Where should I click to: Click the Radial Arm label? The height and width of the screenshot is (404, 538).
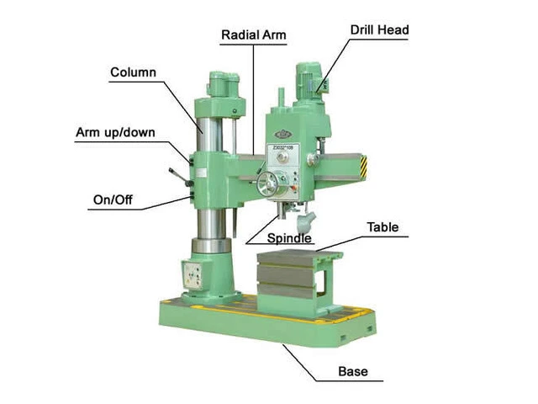(254, 35)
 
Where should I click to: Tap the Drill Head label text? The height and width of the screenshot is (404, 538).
(379, 30)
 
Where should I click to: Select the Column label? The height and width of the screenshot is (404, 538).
(133, 72)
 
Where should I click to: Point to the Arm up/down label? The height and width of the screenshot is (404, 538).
(115, 133)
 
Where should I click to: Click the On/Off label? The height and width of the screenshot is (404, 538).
(113, 199)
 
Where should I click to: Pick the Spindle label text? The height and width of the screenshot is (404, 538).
(289, 238)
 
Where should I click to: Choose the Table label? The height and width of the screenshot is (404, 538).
(382, 227)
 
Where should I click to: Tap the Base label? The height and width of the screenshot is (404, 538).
(353, 371)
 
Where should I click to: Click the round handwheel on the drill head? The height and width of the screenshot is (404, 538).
(267, 184)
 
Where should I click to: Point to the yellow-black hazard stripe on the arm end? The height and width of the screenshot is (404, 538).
(363, 167)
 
